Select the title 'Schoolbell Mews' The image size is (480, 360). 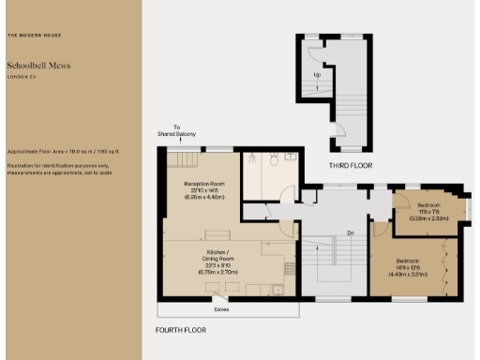pos(39,66)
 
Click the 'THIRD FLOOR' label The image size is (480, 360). pos(350,165)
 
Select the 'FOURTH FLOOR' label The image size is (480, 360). pos(180,330)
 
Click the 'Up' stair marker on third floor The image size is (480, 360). pos(317,74)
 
